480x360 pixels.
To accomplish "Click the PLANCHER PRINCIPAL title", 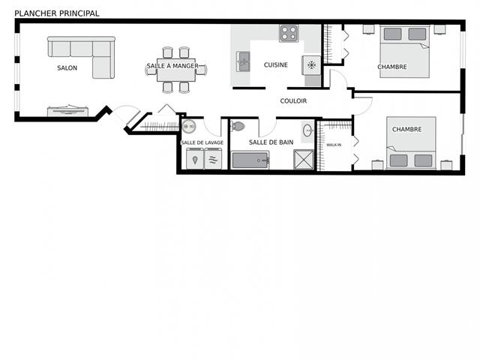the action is tap(57, 13).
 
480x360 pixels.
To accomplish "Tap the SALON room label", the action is tap(67, 68).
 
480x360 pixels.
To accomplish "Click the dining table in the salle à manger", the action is tap(176, 70).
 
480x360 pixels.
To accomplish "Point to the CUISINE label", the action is tap(276, 65).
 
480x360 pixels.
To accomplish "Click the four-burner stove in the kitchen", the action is tap(289, 33).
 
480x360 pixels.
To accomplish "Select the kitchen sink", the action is tap(243, 61).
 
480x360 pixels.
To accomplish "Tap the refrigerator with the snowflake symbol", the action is tap(311, 65).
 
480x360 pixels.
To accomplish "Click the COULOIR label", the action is tap(293, 101).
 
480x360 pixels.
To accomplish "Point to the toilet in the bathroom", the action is tap(238, 126).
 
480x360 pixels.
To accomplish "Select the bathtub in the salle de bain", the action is tap(250, 160).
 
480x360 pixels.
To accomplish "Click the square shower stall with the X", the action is tap(304, 159).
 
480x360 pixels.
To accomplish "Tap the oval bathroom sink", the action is tap(308, 131).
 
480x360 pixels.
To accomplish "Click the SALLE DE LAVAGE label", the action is tap(202, 142).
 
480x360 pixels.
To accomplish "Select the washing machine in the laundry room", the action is tap(195, 158).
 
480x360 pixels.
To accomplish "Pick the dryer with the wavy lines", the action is tap(213, 158).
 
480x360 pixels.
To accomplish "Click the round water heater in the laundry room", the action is tap(189, 126).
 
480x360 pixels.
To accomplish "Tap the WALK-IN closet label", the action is tap(334, 145).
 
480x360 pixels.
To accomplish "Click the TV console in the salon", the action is tap(67, 111).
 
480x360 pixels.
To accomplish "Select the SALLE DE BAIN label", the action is tap(271, 142).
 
